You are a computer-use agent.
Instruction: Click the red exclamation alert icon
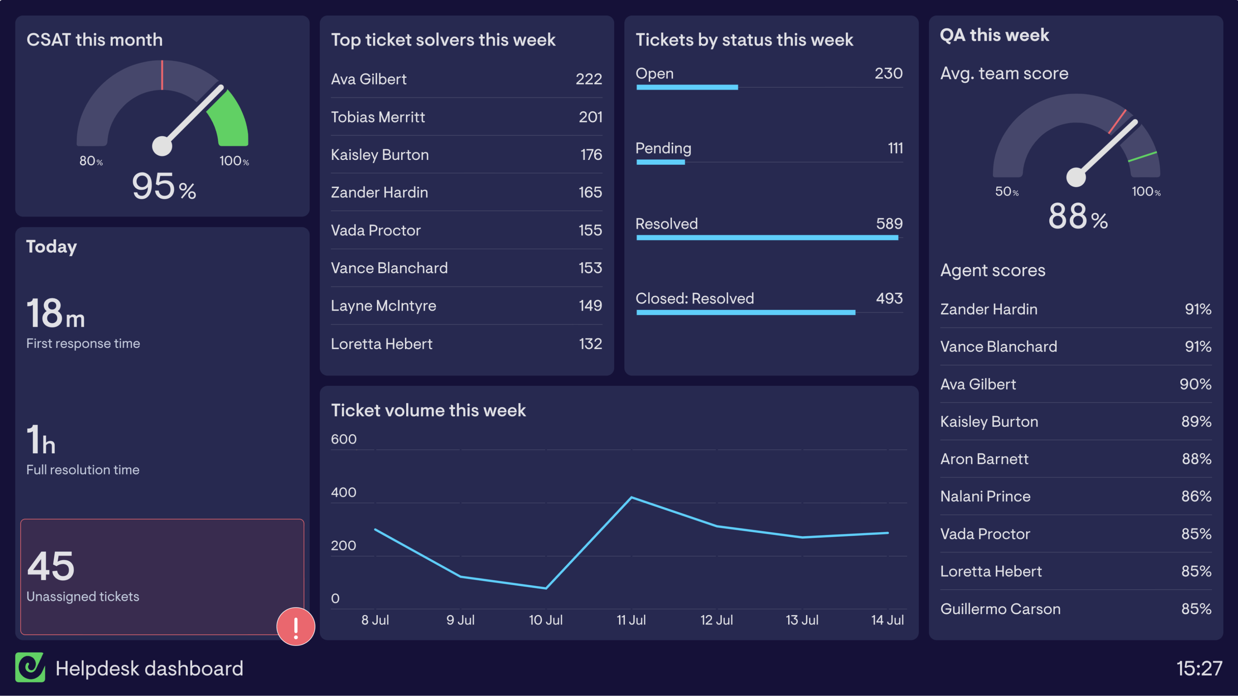pyautogui.click(x=296, y=626)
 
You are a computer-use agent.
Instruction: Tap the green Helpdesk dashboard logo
pyautogui.click(x=30, y=667)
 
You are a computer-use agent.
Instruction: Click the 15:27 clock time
pyautogui.click(x=1199, y=668)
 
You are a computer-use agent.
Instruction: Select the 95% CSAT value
pyautogui.click(x=163, y=187)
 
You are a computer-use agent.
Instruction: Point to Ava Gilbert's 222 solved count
pyautogui.click(x=588, y=79)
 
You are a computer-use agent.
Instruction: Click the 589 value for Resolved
pyautogui.click(x=889, y=223)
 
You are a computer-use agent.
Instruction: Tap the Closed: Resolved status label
pyautogui.click(x=694, y=299)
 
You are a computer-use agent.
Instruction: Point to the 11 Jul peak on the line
pyautogui.click(x=631, y=497)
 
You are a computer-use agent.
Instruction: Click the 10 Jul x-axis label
pyautogui.click(x=545, y=620)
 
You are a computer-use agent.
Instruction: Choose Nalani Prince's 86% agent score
pyautogui.click(x=1196, y=496)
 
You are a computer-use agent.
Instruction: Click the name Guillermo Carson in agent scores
pyautogui.click(x=1000, y=609)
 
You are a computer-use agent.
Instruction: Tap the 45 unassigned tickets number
pyautogui.click(x=51, y=566)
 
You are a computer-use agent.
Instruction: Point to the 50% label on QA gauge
pyautogui.click(x=1006, y=191)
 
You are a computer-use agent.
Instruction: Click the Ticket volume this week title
pyautogui.click(x=428, y=410)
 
